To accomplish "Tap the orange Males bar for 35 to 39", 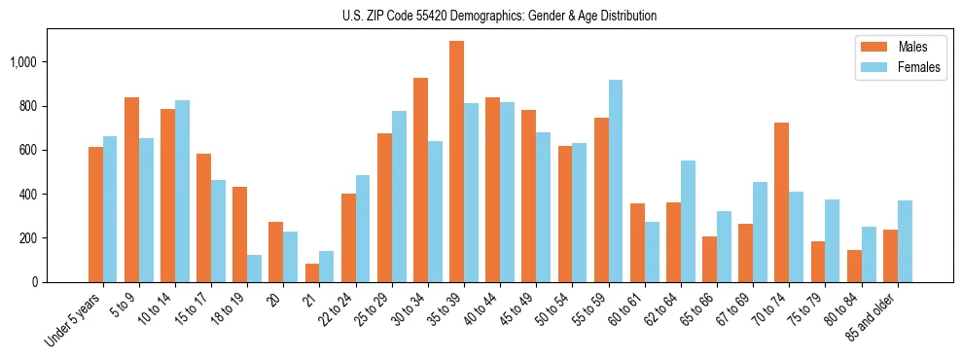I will click(456, 162).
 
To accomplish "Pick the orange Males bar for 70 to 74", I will click(781, 202).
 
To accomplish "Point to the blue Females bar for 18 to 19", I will click(254, 269).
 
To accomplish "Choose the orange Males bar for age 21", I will click(312, 272).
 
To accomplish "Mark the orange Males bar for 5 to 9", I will click(131, 190).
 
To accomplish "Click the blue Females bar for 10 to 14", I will click(182, 191).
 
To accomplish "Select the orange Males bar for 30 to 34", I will click(420, 180).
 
